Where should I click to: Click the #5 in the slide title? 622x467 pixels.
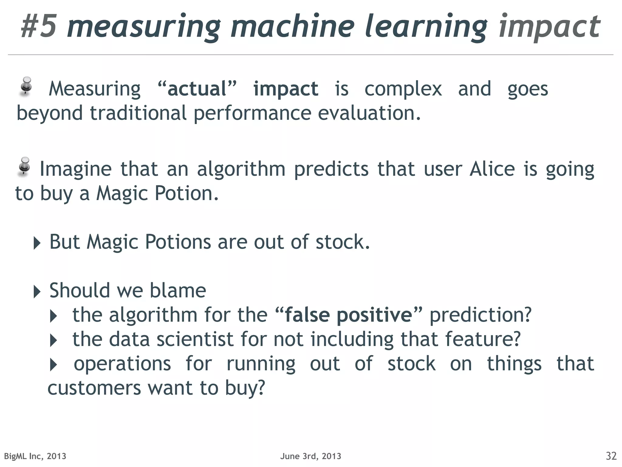click(39, 26)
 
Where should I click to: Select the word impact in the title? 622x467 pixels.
click(549, 27)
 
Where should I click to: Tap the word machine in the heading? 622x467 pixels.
click(292, 26)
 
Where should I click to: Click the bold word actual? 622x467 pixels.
click(197, 89)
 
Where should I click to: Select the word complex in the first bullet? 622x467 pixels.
click(403, 89)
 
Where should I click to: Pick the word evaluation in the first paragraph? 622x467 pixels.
click(369, 113)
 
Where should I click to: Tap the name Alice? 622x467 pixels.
click(492, 169)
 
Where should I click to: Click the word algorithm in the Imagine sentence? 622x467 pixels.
click(241, 169)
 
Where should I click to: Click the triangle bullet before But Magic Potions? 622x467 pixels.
click(37, 243)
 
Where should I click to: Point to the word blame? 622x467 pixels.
click(178, 290)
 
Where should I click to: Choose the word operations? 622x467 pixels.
click(122, 364)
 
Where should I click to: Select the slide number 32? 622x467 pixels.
click(611, 456)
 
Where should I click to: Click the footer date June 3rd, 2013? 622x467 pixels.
click(311, 456)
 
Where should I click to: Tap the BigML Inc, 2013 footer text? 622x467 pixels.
click(35, 456)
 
